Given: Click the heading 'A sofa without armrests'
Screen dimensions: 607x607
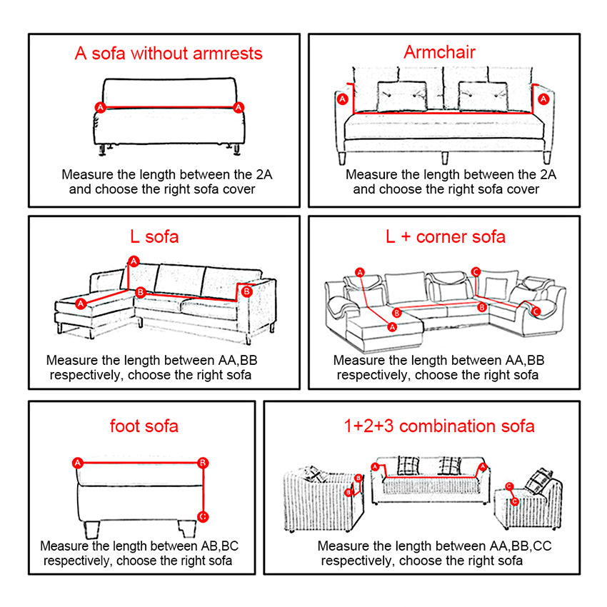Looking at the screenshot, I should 169,54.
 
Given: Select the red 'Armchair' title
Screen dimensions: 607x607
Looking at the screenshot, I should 439,51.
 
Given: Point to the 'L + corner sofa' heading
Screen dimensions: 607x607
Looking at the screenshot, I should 445,236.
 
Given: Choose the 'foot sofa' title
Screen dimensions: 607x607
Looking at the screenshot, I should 144,426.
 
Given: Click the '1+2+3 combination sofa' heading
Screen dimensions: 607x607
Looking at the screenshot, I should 438,426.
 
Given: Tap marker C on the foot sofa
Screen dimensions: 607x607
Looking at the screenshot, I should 203,516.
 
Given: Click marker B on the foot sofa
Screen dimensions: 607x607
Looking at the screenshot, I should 203,463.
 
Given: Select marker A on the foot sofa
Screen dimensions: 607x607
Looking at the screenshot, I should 78,463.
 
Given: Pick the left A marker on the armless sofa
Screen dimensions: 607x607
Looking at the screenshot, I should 101,107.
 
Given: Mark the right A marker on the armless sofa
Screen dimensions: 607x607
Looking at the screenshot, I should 239,107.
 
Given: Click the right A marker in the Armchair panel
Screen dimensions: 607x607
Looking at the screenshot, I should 544,99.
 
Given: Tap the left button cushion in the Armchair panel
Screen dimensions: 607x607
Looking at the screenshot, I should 401,96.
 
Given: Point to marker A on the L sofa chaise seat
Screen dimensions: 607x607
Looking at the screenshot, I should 81,303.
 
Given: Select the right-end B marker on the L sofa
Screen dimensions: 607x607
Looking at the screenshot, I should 247,291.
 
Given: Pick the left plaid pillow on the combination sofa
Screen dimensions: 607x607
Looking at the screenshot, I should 408,466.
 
